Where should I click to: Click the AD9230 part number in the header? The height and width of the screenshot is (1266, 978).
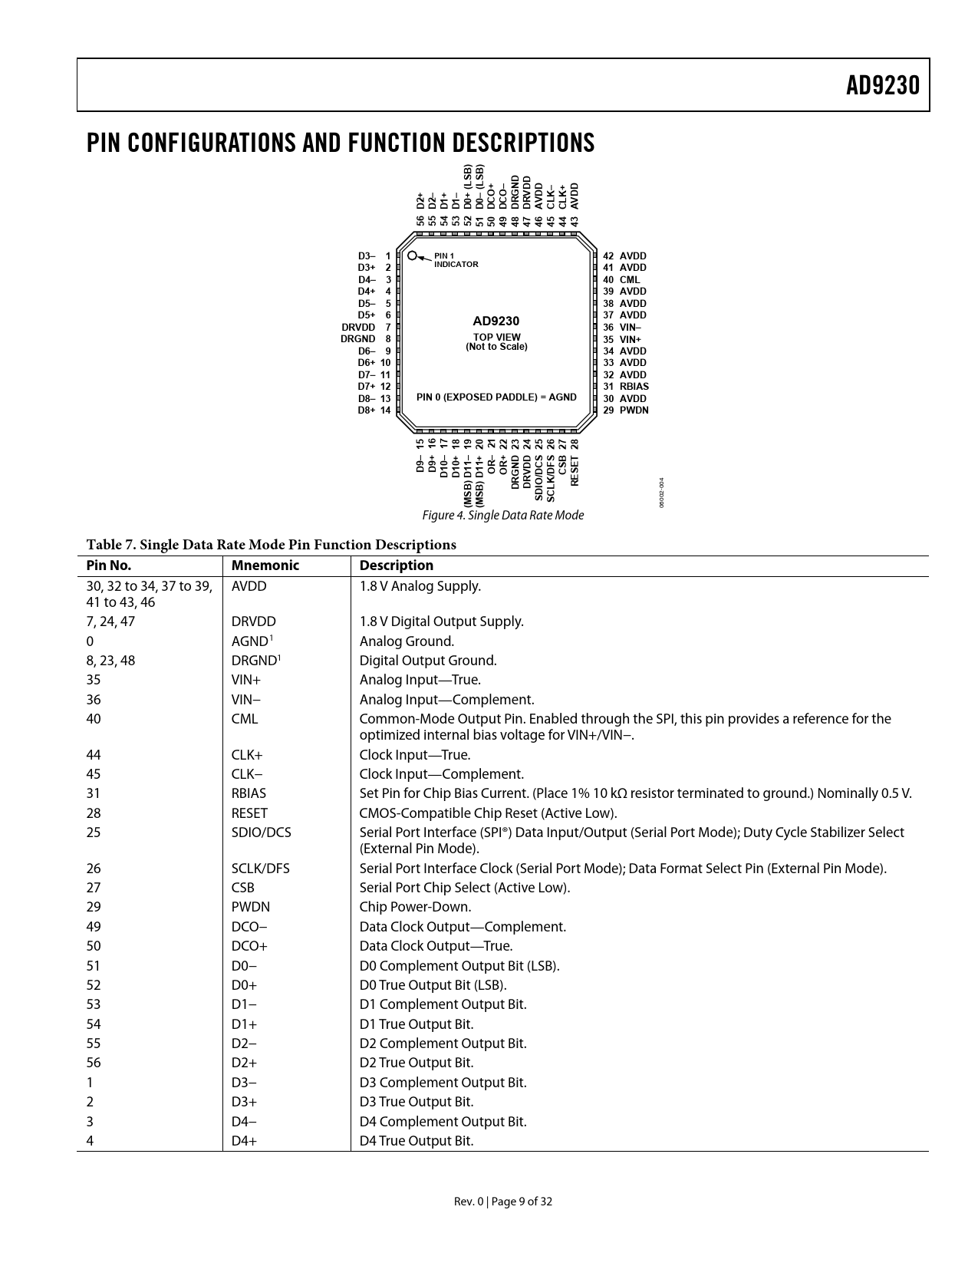click(x=882, y=85)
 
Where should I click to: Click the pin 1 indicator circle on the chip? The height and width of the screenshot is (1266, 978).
click(x=413, y=256)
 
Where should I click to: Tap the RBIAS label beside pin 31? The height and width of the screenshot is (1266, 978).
click(x=634, y=387)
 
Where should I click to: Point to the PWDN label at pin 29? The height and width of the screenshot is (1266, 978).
click(x=634, y=410)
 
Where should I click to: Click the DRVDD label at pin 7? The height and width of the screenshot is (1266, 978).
click(x=358, y=327)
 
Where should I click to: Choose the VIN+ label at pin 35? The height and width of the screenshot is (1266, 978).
click(x=630, y=339)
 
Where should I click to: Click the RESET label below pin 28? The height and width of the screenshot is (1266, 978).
click(x=575, y=470)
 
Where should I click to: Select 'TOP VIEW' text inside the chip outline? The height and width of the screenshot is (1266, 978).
click(x=496, y=337)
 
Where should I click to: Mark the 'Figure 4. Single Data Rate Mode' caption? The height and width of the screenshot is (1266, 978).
click(x=502, y=516)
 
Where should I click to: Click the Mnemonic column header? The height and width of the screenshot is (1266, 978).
click(x=265, y=565)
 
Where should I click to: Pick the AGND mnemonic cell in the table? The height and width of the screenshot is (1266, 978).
click(x=249, y=641)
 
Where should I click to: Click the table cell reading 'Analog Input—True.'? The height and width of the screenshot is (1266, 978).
click(x=420, y=680)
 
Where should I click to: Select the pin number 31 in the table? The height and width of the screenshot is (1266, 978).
click(x=94, y=793)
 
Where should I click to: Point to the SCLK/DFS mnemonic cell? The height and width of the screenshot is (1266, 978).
click(x=260, y=869)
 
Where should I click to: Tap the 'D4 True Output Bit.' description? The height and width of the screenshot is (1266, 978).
click(x=417, y=1141)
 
